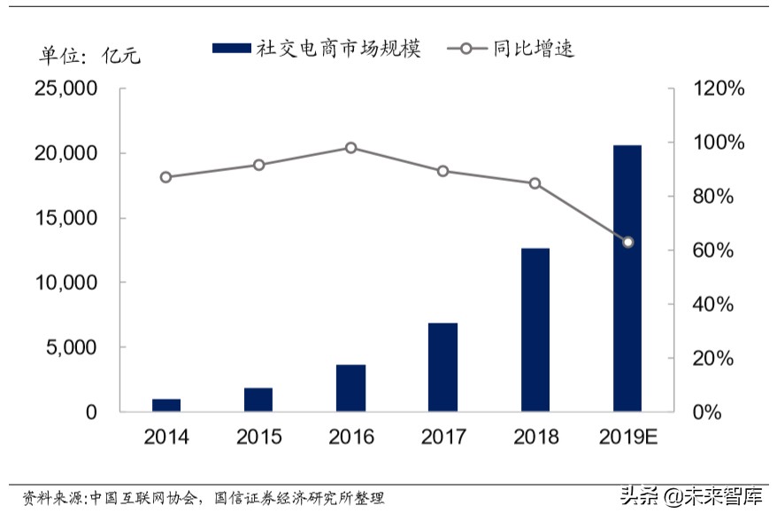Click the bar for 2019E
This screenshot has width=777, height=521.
[627, 278]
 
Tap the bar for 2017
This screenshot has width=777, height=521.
[442, 367]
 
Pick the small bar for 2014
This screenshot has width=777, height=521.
[166, 405]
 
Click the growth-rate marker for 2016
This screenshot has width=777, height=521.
[350, 148]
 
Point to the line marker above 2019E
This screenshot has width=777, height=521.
[627, 242]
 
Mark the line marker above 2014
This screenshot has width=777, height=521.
[166, 177]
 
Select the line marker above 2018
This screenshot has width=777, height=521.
[535, 183]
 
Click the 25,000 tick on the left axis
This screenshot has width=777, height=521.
[65, 89]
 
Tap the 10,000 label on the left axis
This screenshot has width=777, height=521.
[65, 284]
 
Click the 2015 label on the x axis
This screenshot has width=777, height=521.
[258, 438]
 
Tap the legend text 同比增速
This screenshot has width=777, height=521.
[534, 49]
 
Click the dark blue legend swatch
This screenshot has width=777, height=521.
[232, 49]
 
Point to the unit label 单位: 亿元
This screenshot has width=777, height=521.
[89, 55]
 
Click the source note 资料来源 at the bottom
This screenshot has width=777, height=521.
[203, 499]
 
